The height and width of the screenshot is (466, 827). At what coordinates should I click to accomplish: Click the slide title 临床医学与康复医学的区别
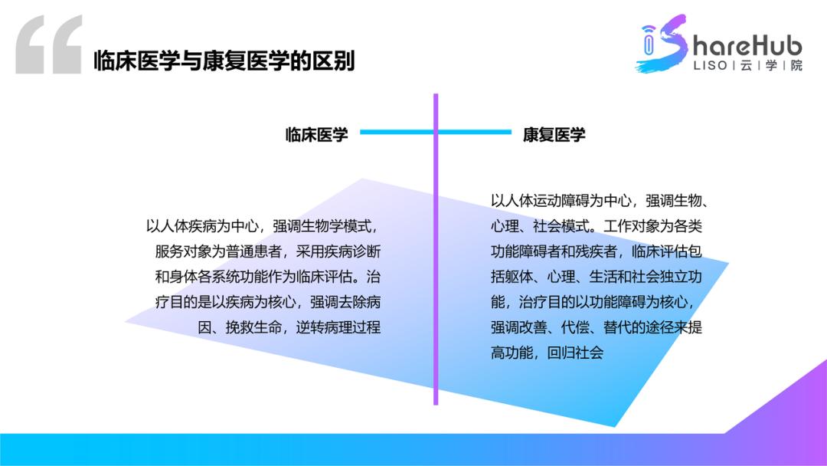(x=224, y=61)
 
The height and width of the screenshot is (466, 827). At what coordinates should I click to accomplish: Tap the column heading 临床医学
(x=317, y=135)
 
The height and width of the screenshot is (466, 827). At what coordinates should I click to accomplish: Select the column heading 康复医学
(x=554, y=135)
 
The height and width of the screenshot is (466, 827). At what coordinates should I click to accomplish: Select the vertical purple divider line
(x=436, y=307)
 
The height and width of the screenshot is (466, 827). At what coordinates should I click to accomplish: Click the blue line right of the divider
(x=475, y=133)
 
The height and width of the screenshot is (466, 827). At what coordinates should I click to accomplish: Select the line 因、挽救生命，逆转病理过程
(x=289, y=327)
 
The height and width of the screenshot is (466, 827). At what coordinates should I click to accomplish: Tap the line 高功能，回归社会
(x=547, y=353)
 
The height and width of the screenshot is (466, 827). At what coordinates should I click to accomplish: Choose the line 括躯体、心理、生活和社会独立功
(x=597, y=277)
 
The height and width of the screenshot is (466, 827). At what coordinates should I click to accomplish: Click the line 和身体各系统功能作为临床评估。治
(x=267, y=277)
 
